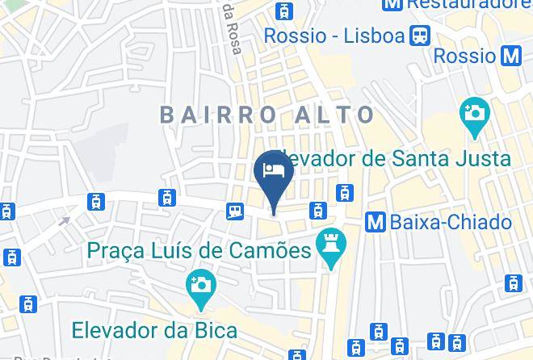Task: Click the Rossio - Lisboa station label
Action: point(334,36)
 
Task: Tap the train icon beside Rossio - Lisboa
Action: point(420,36)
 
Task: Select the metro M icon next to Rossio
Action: point(510,56)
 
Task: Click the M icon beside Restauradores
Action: point(392,4)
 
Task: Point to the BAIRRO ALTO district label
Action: point(267,115)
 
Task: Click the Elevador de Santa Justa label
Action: point(391,157)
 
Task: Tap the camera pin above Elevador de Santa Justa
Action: point(474,114)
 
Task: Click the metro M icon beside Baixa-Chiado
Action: point(375,221)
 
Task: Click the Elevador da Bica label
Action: point(154,329)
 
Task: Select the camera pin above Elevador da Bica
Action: point(199,287)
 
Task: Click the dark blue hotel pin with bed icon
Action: point(273,174)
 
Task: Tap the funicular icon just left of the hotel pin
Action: point(236,211)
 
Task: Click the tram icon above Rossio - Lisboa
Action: point(283,10)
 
